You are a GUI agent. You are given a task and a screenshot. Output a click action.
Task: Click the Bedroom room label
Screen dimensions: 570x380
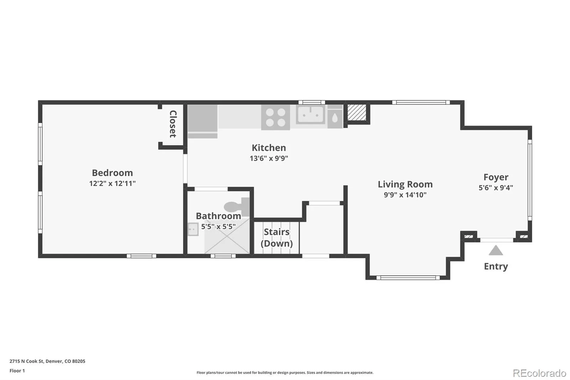112,173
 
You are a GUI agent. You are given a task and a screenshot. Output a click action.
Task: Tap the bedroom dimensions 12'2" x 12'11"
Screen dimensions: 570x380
112,183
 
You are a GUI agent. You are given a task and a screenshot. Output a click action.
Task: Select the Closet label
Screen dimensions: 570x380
173,124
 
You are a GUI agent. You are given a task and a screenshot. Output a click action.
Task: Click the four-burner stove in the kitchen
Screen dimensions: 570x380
276,117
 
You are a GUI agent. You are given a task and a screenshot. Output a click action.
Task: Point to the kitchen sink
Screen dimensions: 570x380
311,115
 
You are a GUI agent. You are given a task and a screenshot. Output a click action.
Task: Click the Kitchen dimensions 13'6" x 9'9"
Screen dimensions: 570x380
269,158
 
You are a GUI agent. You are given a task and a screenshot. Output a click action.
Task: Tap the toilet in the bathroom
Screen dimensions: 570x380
237,206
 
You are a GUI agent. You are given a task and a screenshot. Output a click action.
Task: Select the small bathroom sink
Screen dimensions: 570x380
193,229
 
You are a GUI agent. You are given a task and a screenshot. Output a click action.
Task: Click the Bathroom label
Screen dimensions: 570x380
218,216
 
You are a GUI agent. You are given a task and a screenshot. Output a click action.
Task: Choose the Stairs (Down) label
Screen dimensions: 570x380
276,238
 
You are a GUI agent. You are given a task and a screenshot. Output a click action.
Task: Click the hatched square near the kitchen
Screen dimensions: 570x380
357,112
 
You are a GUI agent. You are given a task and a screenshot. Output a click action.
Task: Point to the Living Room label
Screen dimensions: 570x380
405,184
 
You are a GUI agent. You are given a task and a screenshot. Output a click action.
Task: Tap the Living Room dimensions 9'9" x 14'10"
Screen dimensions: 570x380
405,195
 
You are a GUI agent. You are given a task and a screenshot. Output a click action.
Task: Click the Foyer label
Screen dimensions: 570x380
496,177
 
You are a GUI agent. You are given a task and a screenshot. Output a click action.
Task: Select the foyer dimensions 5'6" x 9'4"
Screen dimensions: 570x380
496,188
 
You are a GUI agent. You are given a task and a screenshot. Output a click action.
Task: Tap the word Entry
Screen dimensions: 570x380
496,266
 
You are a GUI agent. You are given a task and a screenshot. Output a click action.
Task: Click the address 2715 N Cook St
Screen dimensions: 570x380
26,361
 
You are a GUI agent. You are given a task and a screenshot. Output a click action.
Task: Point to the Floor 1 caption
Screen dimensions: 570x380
17,371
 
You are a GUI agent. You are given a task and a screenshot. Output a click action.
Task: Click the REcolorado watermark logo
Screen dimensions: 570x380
539,373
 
